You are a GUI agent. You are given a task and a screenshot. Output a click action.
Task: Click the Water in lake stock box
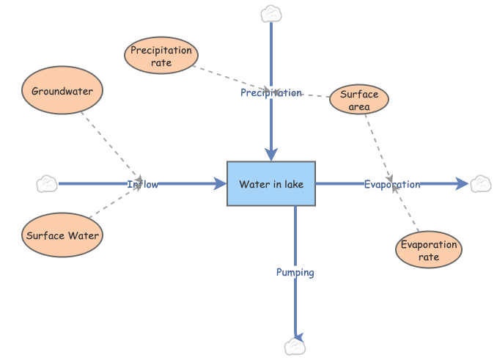tap(271, 184)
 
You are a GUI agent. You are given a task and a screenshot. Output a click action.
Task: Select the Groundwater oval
tap(62, 92)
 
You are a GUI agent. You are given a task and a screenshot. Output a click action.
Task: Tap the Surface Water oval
tap(62, 236)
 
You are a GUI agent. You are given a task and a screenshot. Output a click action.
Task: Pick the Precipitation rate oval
tap(161, 56)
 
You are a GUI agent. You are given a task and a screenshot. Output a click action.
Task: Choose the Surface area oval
tap(359, 100)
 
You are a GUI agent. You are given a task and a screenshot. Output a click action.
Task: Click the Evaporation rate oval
tap(429, 251)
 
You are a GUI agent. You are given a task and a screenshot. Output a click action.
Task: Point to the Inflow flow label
tap(142, 184)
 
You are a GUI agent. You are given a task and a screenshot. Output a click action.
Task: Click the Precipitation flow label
tap(271, 93)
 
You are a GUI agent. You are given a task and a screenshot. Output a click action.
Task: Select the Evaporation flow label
tap(392, 184)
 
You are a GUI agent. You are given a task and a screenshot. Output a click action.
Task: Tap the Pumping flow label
tap(295, 272)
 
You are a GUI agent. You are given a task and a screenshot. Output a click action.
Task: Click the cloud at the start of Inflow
tap(47, 184)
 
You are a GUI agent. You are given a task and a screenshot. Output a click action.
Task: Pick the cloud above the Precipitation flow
tap(271, 13)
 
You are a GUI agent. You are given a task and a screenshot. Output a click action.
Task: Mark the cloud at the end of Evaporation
tap(481, 184)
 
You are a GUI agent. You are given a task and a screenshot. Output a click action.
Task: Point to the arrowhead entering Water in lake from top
tap(271, 154)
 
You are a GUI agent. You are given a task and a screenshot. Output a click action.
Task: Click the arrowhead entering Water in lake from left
tap(219, 184)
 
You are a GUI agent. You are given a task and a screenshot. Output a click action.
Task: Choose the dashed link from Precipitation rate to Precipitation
tap(227, 78)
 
